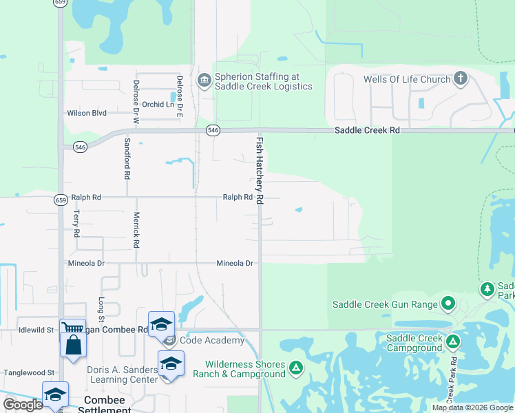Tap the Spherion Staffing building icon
tap(204, 81)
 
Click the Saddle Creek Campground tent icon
tap(453, 341)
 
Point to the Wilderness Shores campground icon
tap(296, 369)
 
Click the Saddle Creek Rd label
tap(367, 130)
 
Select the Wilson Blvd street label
tap(87, 113)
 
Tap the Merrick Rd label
tap(136, 229)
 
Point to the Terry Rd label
tap(76, 224)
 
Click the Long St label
tap(101, 309)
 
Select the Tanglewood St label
tap(29, 372)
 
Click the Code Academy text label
tap(213, 340)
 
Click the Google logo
tap(22, 405)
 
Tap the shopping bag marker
tap(73, 343)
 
